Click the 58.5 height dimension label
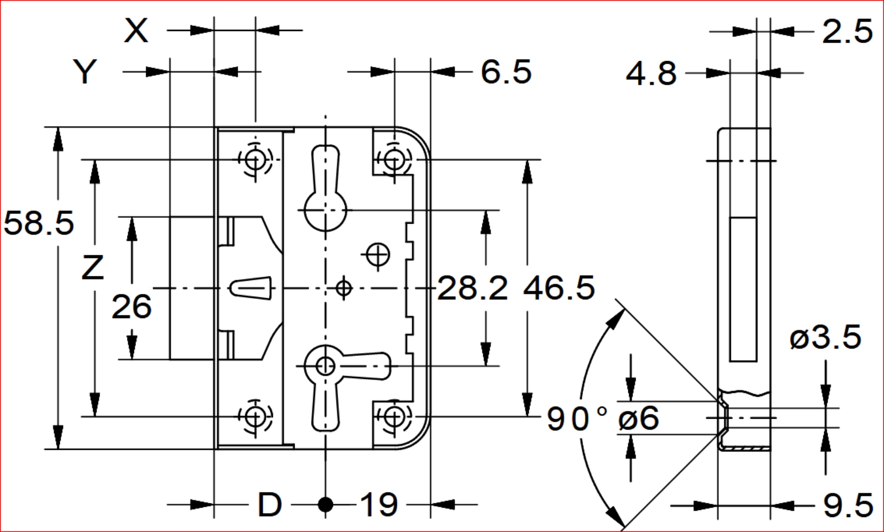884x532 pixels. [x=39, y=223]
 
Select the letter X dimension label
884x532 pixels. [x=136, y=30]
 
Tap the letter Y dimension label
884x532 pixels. [x=85, y=72]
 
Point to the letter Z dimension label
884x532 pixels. [x=92, y=267]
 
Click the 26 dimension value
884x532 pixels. [x=131, y=307]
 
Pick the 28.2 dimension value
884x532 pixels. [x=472, y=288]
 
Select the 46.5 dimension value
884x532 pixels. [x=559, y=288]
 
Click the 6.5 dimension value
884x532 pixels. [x=506, y=72]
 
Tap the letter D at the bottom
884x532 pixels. [x=270, y=504]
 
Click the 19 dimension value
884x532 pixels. [x=379, y=504]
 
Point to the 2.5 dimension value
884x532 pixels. [x=847, y=31]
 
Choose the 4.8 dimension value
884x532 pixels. [x=651, y=73]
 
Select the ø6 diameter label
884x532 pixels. [x=639, y=418]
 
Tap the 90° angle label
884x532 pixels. [x=577, y=418]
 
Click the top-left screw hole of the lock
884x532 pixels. [x=255, y=160]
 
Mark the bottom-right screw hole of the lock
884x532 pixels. [x=394, y=416]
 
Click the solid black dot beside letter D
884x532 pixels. [x=325, y=504]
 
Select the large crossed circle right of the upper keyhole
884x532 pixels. [x=378, y=255]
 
